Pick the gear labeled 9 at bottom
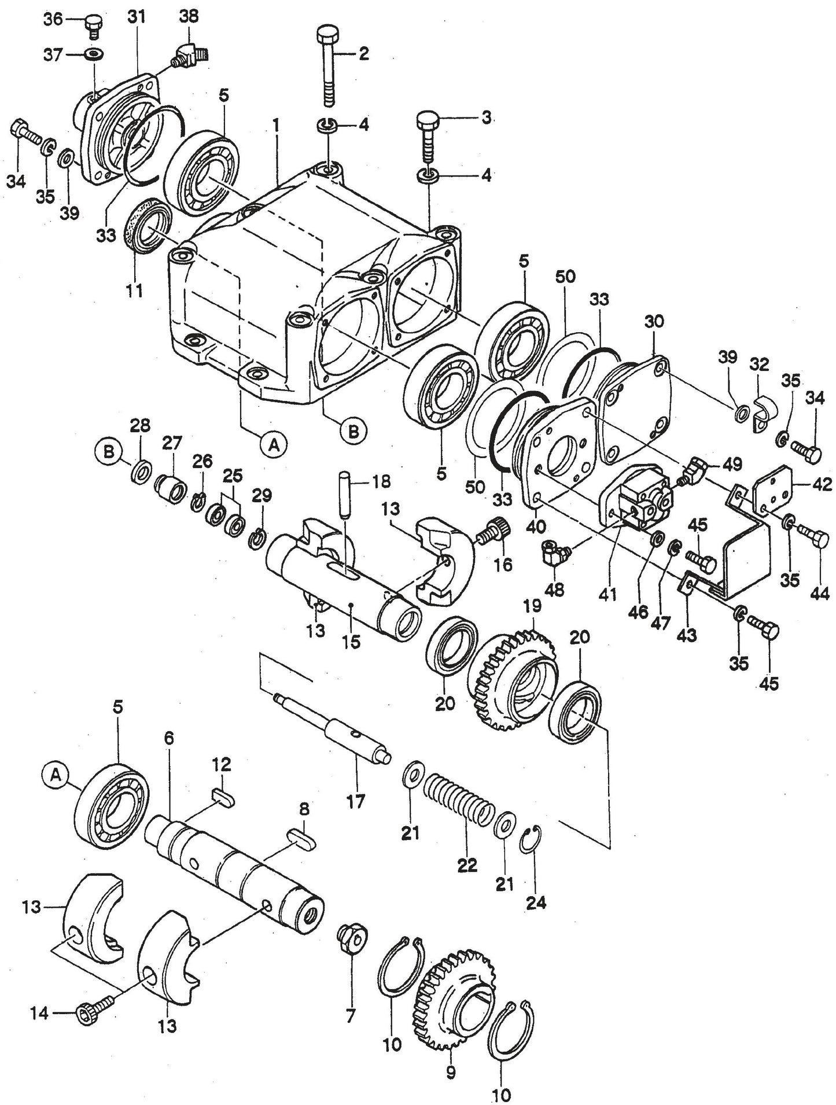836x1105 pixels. (454, 998)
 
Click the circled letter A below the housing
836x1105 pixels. (275, 444)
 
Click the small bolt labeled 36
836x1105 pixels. (91, 23)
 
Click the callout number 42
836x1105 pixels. (820, 485)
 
